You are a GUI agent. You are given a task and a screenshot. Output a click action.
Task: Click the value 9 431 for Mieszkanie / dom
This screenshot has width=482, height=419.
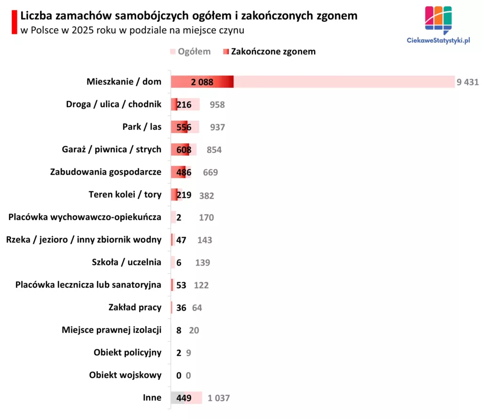click(x=467, y=82)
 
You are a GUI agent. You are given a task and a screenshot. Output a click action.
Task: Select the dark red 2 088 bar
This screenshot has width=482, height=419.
click(x=202, y=82)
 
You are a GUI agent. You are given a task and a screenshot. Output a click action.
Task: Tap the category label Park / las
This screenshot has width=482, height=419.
click(x=142, y=127)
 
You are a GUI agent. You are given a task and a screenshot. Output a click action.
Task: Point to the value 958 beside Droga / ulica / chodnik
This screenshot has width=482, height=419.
click(x=217, y=104)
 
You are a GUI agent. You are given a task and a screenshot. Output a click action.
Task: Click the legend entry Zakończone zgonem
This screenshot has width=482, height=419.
click(x=273, y=51)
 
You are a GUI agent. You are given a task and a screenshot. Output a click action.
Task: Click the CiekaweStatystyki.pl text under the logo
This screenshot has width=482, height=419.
click(x=438, y=41)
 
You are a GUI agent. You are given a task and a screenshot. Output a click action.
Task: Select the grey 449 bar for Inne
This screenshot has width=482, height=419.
click(x=184, y=398)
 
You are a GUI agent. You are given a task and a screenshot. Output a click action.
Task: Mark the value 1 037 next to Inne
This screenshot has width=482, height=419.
click(x=218, y=398)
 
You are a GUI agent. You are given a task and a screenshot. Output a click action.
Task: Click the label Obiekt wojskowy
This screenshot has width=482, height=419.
click(x=125, y=375)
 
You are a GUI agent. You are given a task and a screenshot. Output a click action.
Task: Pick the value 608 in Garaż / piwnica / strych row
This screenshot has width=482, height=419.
click(x=184, y=150)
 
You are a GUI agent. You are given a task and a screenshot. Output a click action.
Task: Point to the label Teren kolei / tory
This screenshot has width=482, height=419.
click(x=125, y=194)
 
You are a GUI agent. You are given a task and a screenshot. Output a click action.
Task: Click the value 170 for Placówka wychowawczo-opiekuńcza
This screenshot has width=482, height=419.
click(x=206, y=217)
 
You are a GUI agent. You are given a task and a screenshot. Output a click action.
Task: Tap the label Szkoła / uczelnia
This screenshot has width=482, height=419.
click(x=127, y=262)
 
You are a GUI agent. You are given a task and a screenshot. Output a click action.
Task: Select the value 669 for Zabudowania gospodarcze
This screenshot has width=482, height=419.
click(x=210, y=172)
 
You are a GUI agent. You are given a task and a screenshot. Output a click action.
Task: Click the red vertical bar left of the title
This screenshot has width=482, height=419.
click(x=15, y=22)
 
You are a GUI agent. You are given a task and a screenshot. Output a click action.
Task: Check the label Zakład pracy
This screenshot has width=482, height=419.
click(x=135, y=307)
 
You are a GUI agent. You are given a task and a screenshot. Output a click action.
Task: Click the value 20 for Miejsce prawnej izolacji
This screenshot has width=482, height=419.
click(x=194, y=330)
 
